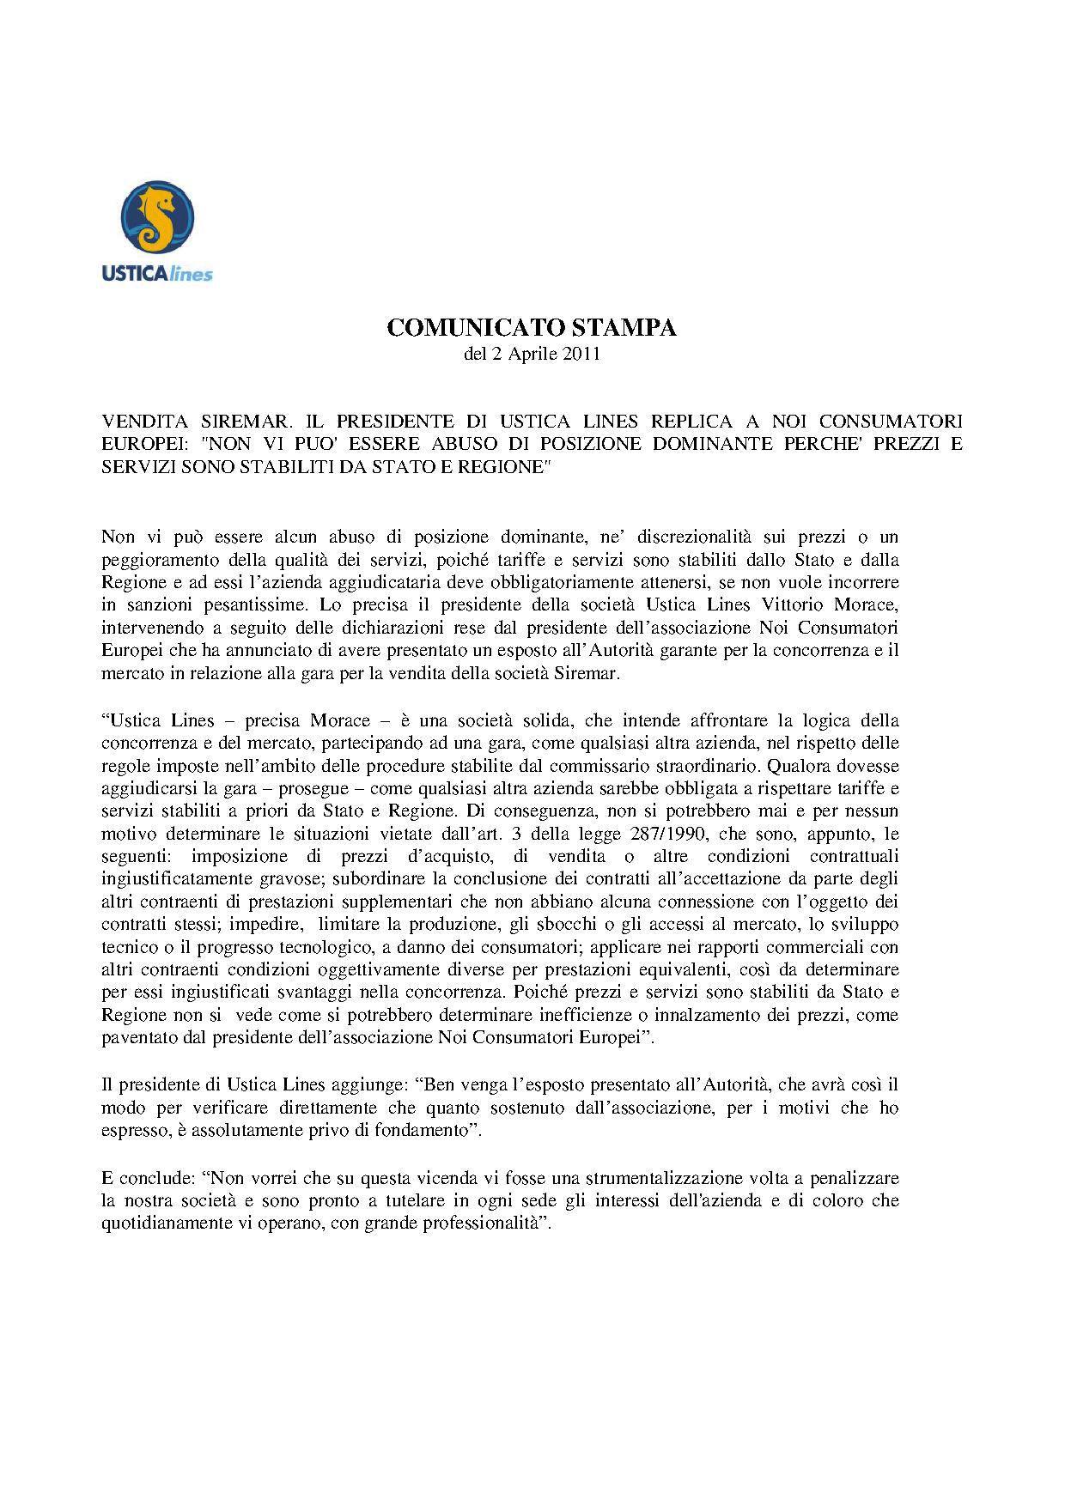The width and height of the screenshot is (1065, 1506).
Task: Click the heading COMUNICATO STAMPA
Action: [532, 328]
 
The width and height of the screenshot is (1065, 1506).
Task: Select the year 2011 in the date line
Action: [581, 355]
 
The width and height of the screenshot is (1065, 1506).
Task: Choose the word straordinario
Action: [847, 765]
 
